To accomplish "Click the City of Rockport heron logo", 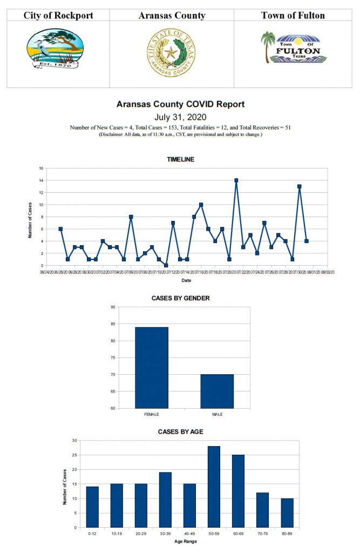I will pyautogui.click(x=55, y=48).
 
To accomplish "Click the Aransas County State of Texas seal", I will pyautogui.click(x=171, y=53).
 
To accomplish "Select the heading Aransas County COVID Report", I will pyautogui.click(x=180, y=104).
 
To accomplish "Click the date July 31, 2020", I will pyautogui.click(x=180, y=117).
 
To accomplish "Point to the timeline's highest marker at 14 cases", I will pyautogui.click(x=236, y=180).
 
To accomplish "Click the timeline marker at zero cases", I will pyautogui.click(x=166, y=265).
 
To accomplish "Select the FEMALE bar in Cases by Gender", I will pyautogui.click(x=151, y=367).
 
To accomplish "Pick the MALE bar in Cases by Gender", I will pyautogui.click(x=217, y=391).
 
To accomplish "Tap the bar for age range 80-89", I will pyautogui.click(x=287, y=512).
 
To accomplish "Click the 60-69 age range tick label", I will pyautogui.click(x=238, y=533).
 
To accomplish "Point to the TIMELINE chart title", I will pyautogui.click(x=180, y=159).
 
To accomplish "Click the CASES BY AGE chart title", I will pyautogui.click(x=180, y=431).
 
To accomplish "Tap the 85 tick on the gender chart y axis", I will pyautogui.click(x=112, y=324).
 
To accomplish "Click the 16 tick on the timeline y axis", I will pyautogui.click(x=41, y=168).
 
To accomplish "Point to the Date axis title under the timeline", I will pyautogui.click(x=186, y=280).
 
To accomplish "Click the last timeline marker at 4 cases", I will pyautogui.click(x=306, y=241).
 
